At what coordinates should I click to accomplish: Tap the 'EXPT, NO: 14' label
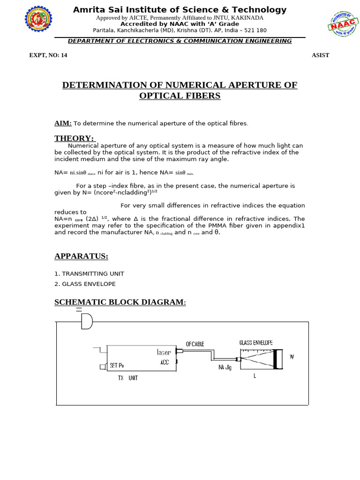[x=48, y=55]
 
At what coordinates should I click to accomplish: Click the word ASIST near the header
[x=321, y=55]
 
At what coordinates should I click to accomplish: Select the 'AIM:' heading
[x=63, y=123]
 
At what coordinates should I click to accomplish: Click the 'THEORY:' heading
[x=75, y=138]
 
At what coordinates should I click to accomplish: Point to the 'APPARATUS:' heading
[x=81, y=256]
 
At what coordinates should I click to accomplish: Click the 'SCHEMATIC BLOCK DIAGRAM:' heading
[x=120, y=302]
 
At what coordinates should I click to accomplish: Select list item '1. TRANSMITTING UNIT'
[x=90, y=274]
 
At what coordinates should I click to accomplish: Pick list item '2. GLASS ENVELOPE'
[x=85, y=284]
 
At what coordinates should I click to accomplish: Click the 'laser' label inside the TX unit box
[x=164, y=352]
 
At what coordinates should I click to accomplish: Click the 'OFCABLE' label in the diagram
[x=195, y=344]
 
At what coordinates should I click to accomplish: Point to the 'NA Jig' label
[x=225, y=367]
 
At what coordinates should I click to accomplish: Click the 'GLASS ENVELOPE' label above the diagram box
[x=256, y=343]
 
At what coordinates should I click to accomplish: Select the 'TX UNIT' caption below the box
[x=128, y=378]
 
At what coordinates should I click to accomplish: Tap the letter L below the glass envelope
[x=255, y=375]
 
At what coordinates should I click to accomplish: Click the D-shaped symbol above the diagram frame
[x=87, y=321]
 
